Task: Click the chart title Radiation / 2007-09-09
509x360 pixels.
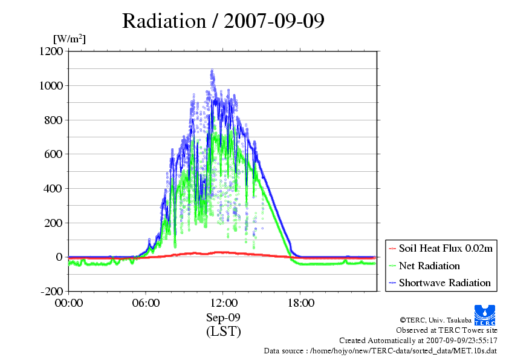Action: pos(223,21)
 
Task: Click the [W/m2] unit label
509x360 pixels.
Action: pos(70,39)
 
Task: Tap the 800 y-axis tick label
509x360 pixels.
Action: pos(53,120)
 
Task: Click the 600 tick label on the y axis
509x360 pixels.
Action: pos(53,154)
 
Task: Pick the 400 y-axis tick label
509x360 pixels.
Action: pos(53,189)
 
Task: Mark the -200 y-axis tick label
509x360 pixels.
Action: pos(51,292)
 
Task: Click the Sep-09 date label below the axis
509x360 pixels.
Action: pos(223,318)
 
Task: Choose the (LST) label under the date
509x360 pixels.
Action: pos(223,332)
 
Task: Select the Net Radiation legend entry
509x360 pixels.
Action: pos(429,266)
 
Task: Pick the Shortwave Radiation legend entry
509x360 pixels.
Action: pos(444,283)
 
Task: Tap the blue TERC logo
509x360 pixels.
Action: pos(486,312)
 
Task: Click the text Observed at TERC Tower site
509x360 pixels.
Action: pos(447,330)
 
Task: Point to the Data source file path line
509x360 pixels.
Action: pos(380,350)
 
